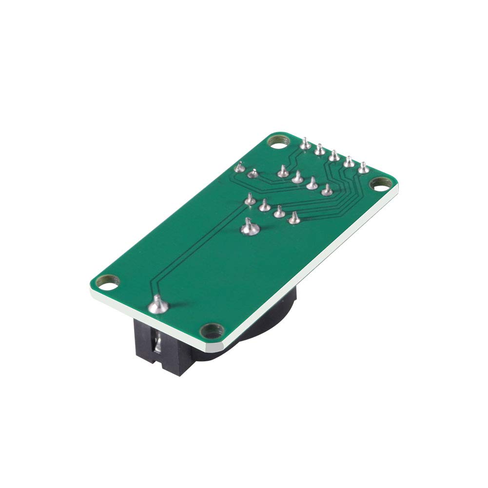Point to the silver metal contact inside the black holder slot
point(157,345)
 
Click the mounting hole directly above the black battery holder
point(211,331)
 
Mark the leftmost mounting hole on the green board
point(109,281)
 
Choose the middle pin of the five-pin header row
point(334,156)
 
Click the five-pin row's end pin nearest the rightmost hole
point(363,169)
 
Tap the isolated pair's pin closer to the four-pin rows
point(253,173)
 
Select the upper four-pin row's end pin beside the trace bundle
point(327,191)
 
